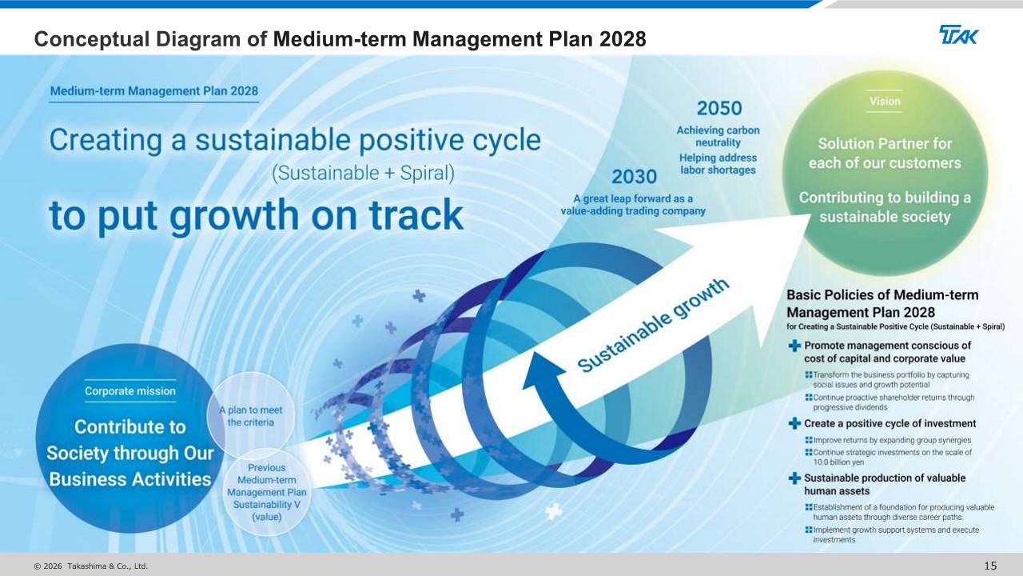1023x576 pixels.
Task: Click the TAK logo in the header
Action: click(958, 34)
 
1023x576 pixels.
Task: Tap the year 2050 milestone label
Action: click(719, 108)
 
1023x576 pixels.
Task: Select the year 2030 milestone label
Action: click(634, 177)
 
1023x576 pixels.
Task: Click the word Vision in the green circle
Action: click(885, 101)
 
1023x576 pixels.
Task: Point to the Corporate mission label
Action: click(130, 391)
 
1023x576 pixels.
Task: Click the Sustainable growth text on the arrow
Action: click(653, 325)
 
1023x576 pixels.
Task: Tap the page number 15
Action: click(990, 566)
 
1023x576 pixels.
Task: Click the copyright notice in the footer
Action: click(91, 566)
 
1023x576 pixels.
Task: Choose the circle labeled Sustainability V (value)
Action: click(267, 492)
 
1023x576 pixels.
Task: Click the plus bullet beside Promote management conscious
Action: click(794, 346)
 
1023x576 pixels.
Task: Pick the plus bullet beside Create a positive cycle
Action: click(794, 423)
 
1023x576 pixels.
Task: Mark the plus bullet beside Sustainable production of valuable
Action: click(794, 478)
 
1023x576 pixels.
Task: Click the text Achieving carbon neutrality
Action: click(718, 136)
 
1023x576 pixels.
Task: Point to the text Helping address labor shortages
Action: click(718, 164)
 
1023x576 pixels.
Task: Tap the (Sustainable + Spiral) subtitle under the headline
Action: click(363, 174)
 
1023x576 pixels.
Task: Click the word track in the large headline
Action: click(416, 214)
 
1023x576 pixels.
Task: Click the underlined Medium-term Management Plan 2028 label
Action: click(154, 91)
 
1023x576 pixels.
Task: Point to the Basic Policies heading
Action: click(882, 303)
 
